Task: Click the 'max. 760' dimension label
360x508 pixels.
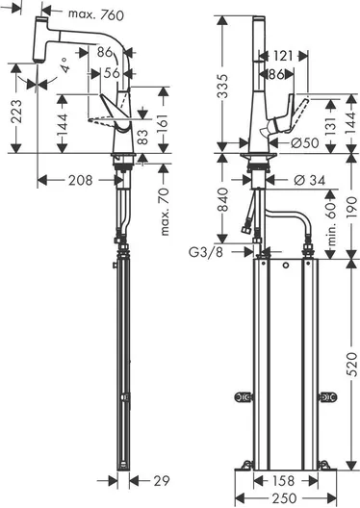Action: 96,14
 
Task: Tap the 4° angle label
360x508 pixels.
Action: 64,64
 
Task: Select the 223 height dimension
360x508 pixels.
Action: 16,112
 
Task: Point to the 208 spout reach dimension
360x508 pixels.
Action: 81,180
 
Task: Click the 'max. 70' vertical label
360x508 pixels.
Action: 165,212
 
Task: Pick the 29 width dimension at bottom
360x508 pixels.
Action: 162,481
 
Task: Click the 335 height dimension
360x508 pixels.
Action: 222,87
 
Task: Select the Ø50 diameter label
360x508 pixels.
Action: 304,142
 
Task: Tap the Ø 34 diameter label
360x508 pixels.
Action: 309,180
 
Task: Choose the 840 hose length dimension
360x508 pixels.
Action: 222,199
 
